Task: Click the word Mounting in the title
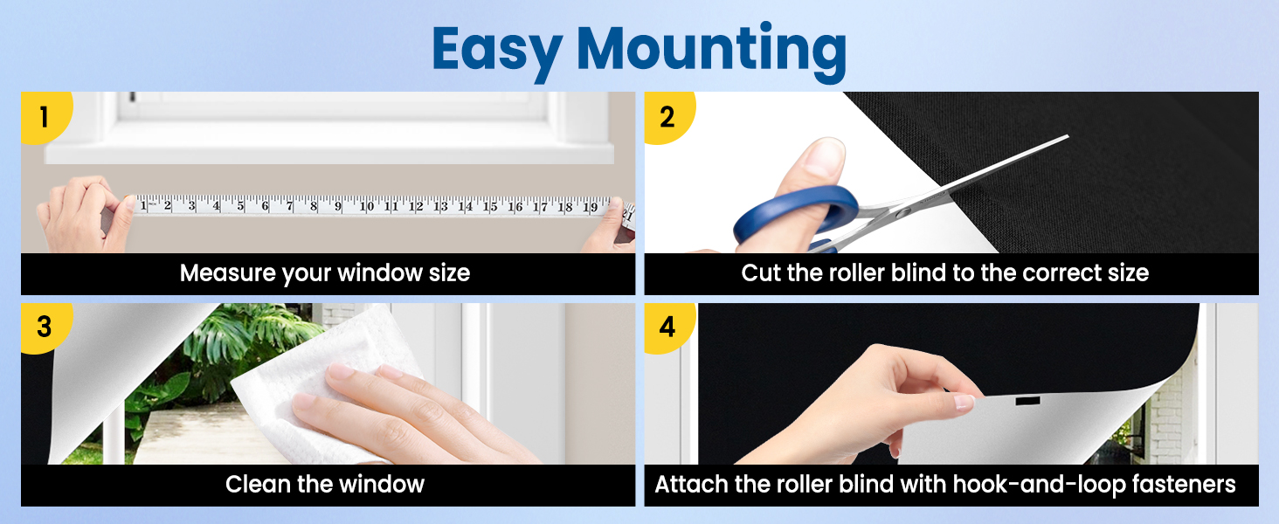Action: tap(711, 52)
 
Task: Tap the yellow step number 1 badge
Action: tap(45, 117)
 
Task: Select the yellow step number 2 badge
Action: tap(668, 117)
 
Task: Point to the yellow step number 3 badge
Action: tap(45, 327)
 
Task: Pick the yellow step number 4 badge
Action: tap(668, 327)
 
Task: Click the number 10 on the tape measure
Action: tap(367, 205)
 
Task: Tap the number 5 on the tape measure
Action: tap(241, 205)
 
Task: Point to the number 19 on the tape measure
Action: tap(591, 207)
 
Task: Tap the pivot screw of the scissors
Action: tap(902, 213)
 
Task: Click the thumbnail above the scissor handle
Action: tap(822, 155)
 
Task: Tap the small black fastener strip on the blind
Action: tap(1027, 401)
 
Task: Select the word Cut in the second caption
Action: tap(761, 272)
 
